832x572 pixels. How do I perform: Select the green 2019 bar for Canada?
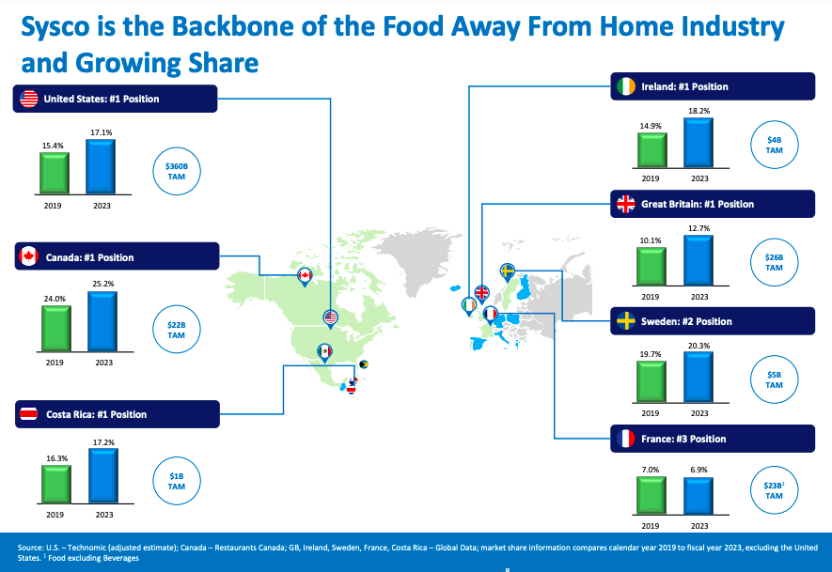pos(55,328)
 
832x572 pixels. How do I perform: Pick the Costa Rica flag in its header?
pos(29,414)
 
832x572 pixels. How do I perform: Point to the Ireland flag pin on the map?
pos(469,305)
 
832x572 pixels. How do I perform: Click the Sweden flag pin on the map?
pos(508,271)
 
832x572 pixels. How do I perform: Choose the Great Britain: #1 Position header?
pos(697,204)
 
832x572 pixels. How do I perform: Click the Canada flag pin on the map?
pos(305,275)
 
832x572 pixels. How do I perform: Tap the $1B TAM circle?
pos(176,482)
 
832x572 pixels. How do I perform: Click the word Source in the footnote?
pos(31,547)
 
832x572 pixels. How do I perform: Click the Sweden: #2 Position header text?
pos(686,321)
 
